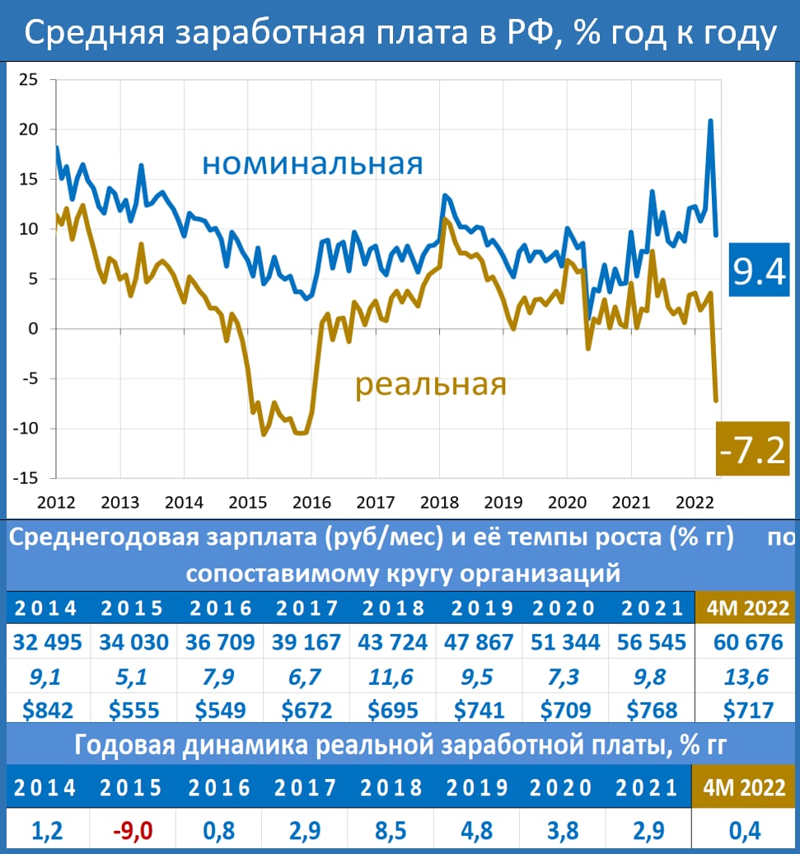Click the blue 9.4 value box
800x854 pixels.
(x=760, y=271)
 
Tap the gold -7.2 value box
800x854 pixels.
(x=753, y=450)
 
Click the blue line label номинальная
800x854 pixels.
(x=312, y=163)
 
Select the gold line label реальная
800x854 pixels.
(x=430, y=384)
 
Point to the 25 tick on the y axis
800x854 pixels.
(x=29, y=80)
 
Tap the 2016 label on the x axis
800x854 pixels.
(x=311, y=500)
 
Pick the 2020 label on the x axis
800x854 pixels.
(x=566, y=500)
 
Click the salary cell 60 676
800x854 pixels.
(x=744, y=642)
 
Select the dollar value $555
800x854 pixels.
(x=134, y=709)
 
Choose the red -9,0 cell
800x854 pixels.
(x=134, y=827)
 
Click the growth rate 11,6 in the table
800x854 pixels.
(x=392, y=677)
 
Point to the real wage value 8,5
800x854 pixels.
(x=392, y=827)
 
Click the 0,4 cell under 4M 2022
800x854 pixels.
(x=744, y=827)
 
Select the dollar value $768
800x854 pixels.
(x=651, y=709)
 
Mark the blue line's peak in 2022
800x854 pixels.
(x=710, y=121)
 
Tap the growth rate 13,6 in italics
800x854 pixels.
(x=744, y=677)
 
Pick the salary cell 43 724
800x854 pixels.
(x=392, y=642)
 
